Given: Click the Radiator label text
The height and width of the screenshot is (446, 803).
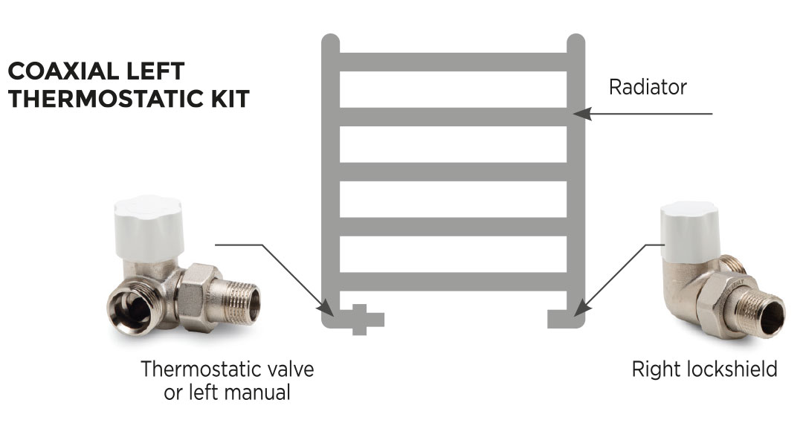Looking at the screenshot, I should (647, 87).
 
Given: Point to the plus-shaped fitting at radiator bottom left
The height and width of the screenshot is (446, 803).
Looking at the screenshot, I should (360, 320).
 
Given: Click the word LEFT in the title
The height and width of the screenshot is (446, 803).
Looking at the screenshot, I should (156, 71).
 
